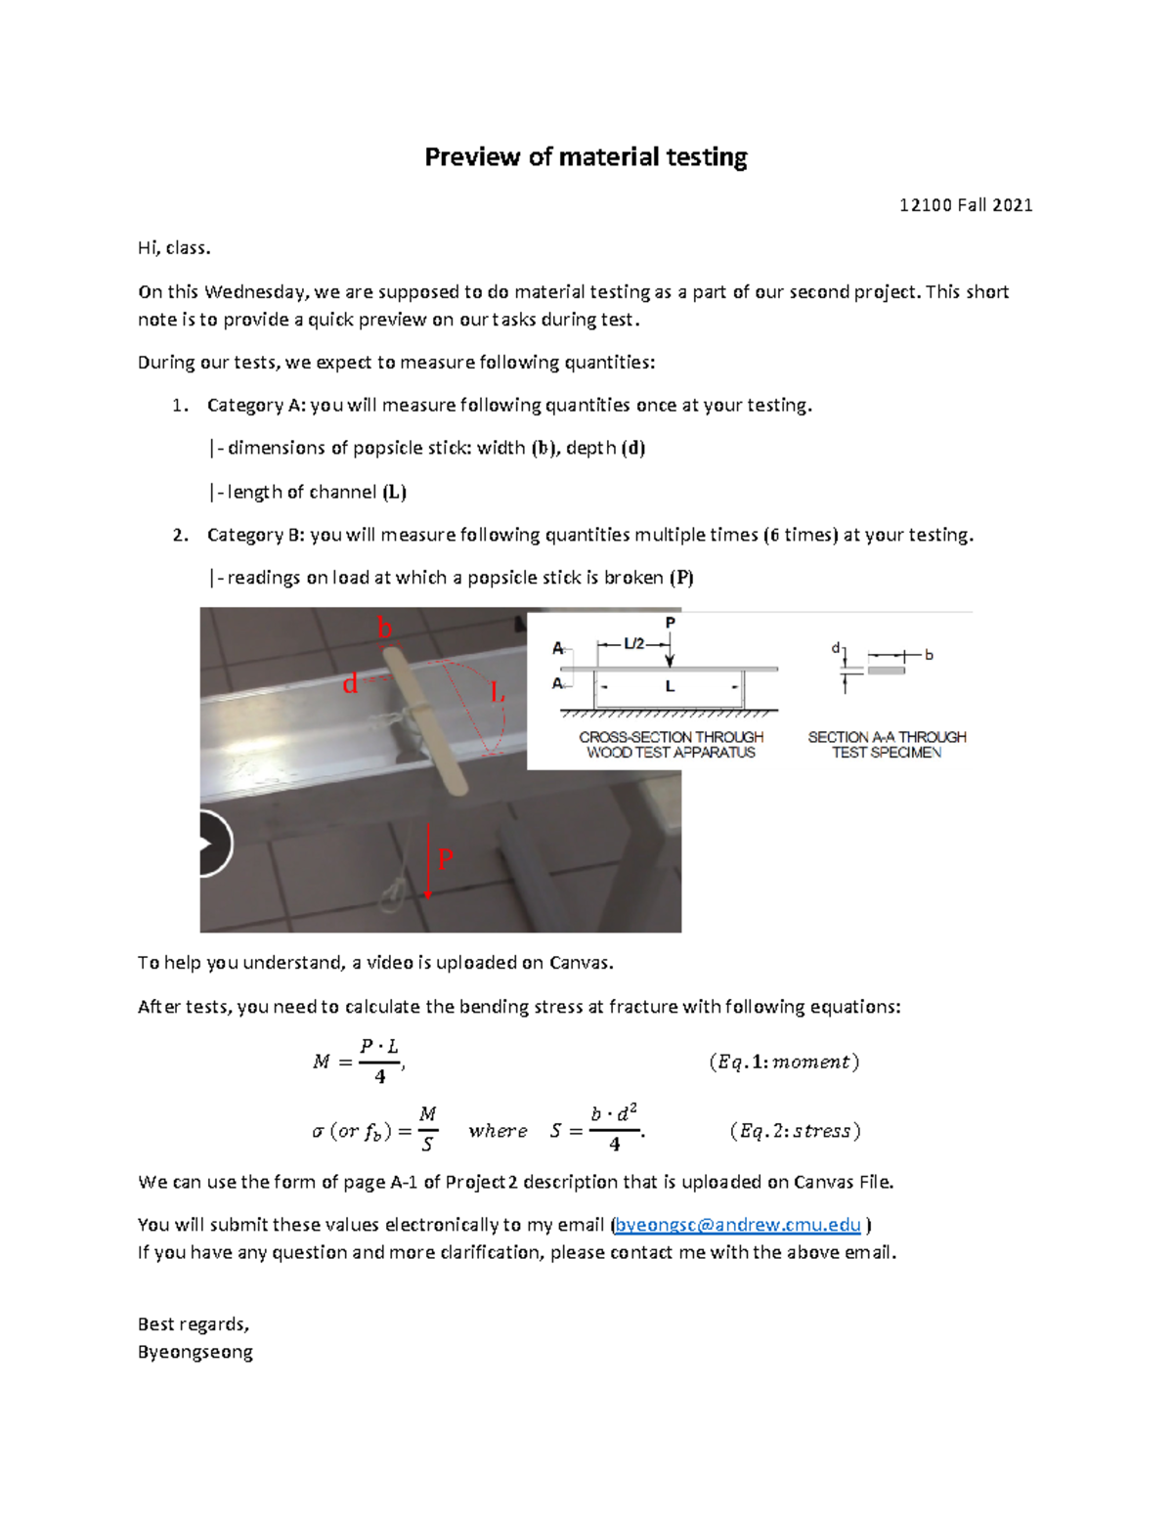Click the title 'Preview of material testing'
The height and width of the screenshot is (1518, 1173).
coord(586,157)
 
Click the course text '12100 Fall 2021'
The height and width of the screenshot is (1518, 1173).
coord(965,205)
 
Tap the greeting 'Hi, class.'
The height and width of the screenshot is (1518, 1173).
coord(174,248)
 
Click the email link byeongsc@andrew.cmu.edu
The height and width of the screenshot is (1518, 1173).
coord(738,1225)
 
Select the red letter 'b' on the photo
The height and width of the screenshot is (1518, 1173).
coord(385,629)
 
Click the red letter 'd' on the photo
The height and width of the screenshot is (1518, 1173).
coord(350,684)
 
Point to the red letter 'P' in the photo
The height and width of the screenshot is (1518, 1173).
coord(445,859)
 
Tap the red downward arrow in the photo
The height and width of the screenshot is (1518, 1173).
coord(428,861)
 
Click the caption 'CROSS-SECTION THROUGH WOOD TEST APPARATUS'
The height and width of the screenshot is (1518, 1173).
coord(671,745)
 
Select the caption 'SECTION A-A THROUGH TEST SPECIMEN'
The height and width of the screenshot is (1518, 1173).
coord(887,745)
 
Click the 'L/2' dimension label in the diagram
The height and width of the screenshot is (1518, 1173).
coord(634,644)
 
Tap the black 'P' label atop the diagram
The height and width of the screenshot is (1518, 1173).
coord(670,623)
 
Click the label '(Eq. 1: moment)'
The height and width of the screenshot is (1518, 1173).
coord(784,1062)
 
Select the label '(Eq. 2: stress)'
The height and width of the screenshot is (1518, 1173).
coord(795,1131)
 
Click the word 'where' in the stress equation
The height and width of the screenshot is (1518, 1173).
coord(498,1131)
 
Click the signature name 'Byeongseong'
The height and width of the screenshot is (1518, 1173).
coord(195,1353)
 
